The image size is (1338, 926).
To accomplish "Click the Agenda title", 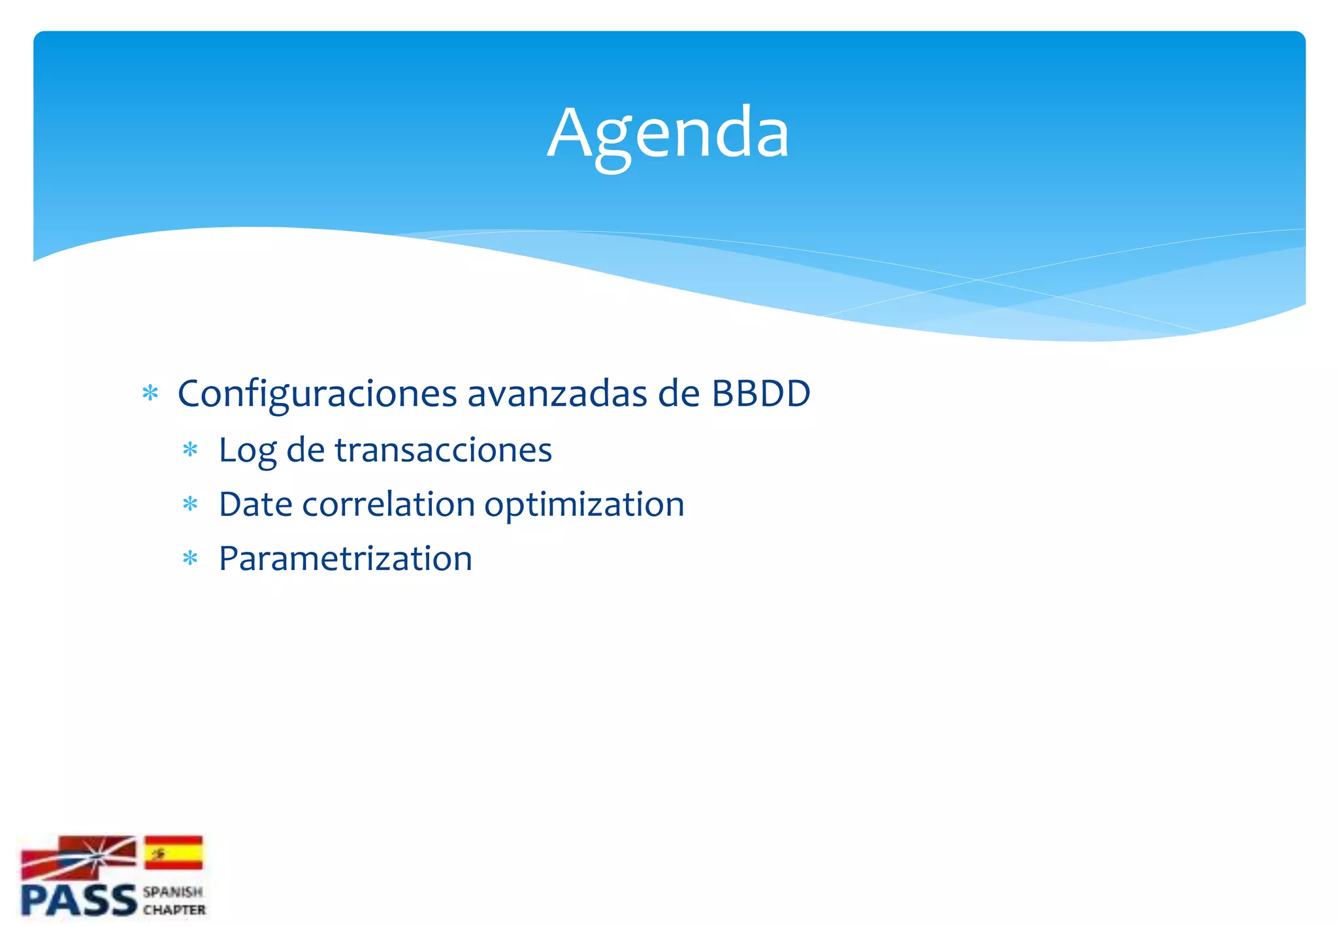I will click(x=668, y=134).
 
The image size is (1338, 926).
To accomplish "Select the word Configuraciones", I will click(x=318, y=394).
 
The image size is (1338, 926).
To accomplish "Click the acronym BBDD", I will click(x=760, y=394).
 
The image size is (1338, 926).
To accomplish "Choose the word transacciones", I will click(x=444, y=451).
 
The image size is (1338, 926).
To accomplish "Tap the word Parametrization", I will click(x=345, y=560).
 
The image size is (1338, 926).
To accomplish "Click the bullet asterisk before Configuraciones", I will click(x=150, y=394).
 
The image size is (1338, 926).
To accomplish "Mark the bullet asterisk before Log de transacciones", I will click(x=190, y=450).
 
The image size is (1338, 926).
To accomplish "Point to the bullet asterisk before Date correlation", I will click(x=190, y=504).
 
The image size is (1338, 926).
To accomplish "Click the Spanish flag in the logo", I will click(x=173, y=853).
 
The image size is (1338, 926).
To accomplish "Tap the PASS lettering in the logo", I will click(x=78, y=901).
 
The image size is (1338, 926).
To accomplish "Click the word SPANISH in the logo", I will click(x=173, y=892).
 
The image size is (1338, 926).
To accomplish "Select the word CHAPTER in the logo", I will click(x=174, y=910).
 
